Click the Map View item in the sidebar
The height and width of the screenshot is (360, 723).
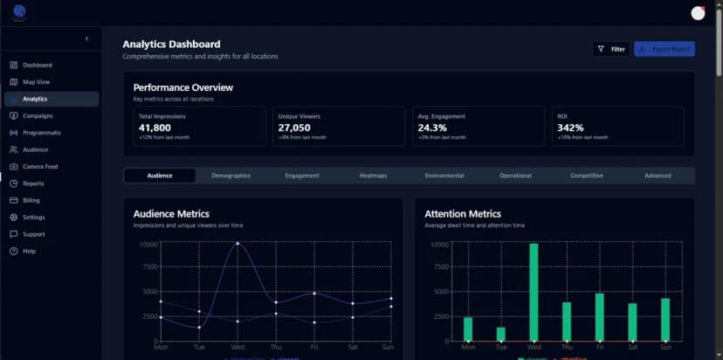coord(36,82)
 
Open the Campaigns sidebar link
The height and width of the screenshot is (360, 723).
coord(38,115)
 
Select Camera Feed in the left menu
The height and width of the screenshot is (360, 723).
coord(40,166)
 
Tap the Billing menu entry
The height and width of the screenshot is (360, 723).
coord(31,200)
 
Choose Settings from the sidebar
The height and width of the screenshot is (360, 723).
coord(33,217)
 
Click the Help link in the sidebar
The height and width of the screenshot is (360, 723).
coord(29,251)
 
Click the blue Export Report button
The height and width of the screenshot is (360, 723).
coord(664,49)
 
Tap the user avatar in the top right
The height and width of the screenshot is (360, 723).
coord(697,12)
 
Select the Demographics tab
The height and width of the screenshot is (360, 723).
coord(231,176)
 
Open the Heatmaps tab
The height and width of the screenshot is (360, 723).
coord(373,176)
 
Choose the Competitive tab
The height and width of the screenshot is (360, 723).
coord(587,176)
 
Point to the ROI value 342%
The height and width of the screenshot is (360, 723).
coord(570,128)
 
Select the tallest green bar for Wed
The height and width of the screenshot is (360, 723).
coord(534,292)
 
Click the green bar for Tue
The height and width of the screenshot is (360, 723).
coord(500,334)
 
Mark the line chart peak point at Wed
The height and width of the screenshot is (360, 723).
coord(238,244)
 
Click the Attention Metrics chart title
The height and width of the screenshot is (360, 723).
coord(463,213)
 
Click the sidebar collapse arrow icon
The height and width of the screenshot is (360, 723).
coord(86,38)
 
